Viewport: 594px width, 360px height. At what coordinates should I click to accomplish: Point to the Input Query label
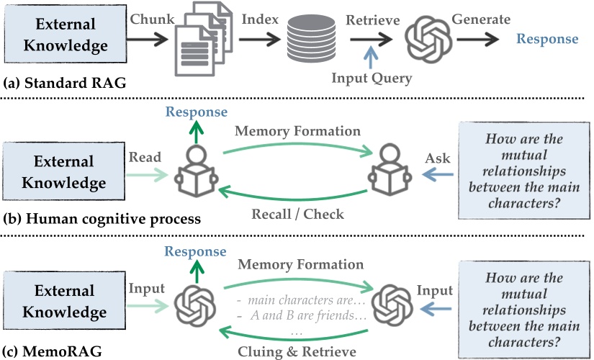pyautogui.click(x=371, y=78)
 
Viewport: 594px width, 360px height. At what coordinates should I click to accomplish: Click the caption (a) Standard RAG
pyautogui.click(x=65, y=84)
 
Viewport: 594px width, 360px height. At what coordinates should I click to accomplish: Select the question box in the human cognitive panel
pyautogui.click(x=524, y=172)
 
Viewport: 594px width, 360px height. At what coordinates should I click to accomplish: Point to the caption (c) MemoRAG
pyautogui.click(x=50, y=352)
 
